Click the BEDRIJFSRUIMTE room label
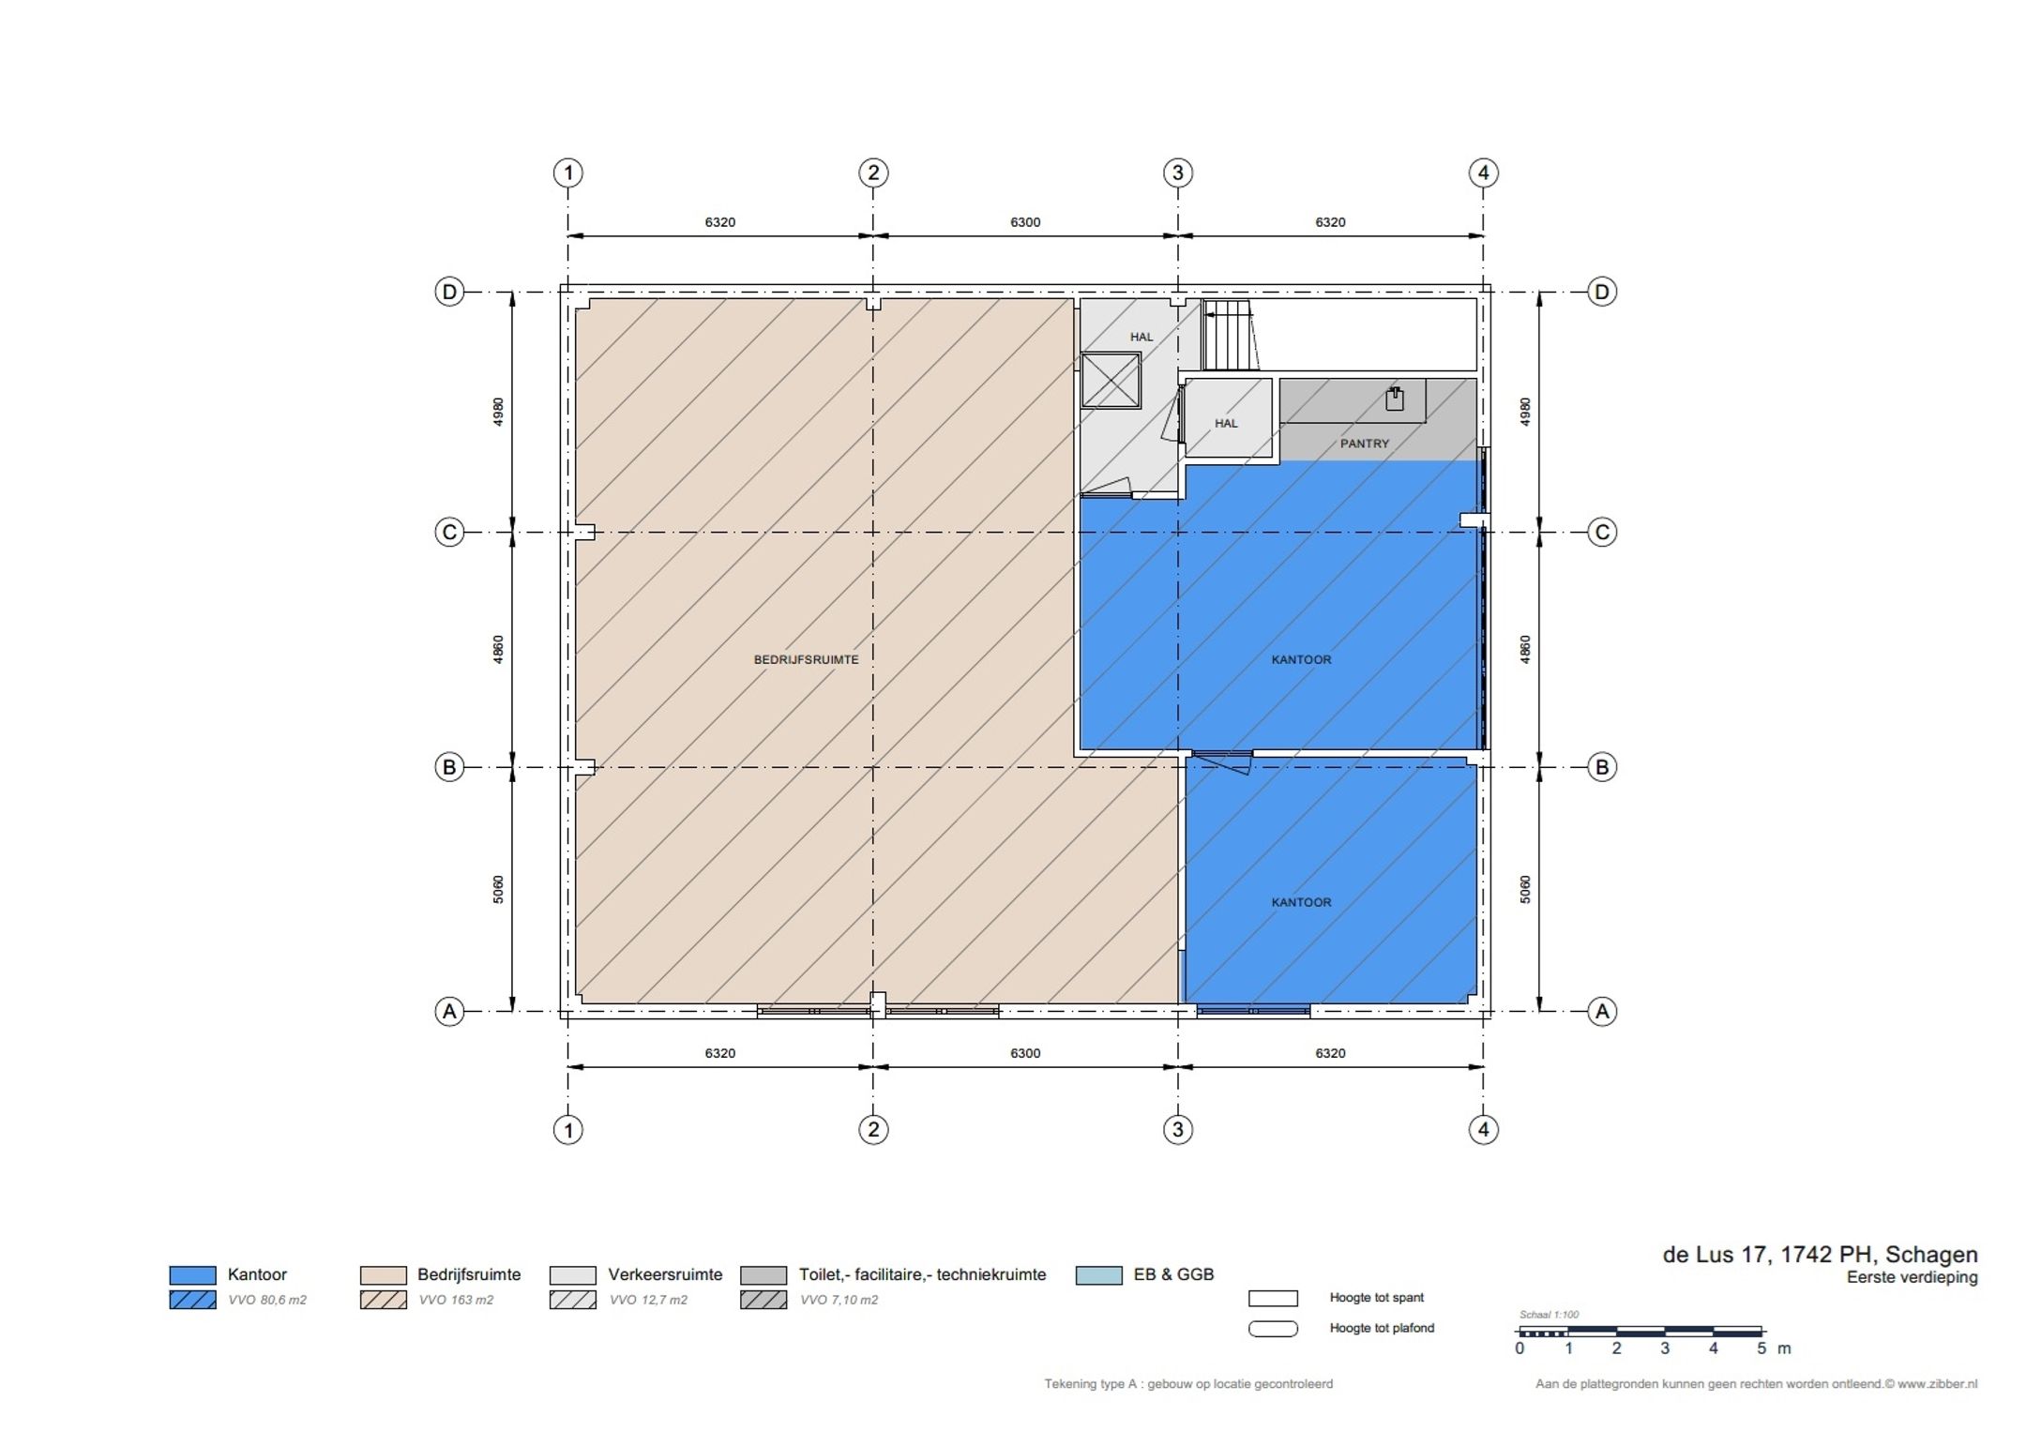tap(806, 659)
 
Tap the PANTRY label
tap(1364, 444)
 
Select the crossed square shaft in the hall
tap(1111, 380)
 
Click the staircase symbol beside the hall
tap(1230, 336)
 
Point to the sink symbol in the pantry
tap(1395, 399)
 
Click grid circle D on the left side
tap(449, 292)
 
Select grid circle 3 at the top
tap(1178, 173)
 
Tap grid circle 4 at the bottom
tap(1483, 1129)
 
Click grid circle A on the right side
tap(1602, 1011)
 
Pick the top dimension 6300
tap(1025, 222)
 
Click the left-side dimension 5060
tap(498, 889)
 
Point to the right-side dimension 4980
tap(1525, 412)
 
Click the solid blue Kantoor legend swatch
tap(192, 1274)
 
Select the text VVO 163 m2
tap(456, 1300)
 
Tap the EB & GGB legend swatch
tap(1099, 1274)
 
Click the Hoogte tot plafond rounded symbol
tap(1273, 1328)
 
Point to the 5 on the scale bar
tap(1761, 1348)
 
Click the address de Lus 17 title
tap(1820, 1255)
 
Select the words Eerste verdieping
tap(1912, 1277)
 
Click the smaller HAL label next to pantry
tap(1226, 423)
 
